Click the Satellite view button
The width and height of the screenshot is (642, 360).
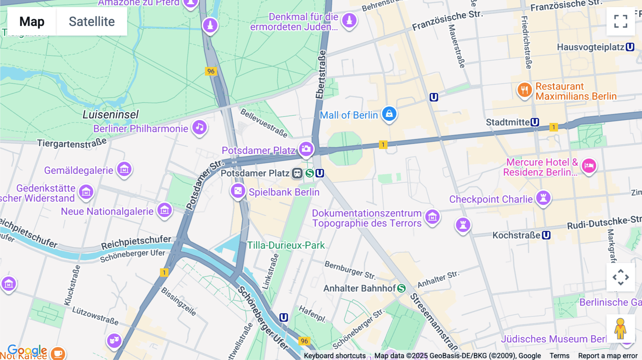(92, 21)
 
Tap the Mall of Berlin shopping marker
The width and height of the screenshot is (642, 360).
(389, 114)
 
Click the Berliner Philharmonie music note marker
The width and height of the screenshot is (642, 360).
(200, 127)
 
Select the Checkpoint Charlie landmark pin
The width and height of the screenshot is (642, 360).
(543, 197)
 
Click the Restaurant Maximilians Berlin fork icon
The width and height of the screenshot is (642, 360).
(524, 90)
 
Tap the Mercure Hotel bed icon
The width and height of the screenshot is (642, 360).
(589, 165)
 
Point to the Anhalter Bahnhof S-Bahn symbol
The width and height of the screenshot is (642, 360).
(402, 288)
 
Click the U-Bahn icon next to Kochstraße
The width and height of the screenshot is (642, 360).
(546, 235)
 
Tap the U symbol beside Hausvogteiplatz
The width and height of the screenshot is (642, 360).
(630, 47)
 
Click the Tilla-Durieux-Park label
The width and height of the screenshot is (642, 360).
(286, 245)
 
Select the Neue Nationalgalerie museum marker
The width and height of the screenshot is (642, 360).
(164, 210)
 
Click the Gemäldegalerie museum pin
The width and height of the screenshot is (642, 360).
(124, 169)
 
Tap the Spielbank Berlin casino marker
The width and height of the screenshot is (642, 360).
(238, 191)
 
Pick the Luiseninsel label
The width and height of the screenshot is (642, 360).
(111, 114)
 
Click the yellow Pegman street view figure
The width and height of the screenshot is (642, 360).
(620, 328)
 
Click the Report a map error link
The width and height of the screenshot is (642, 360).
(607, 356)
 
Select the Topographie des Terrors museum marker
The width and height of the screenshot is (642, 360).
(432, 216)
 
